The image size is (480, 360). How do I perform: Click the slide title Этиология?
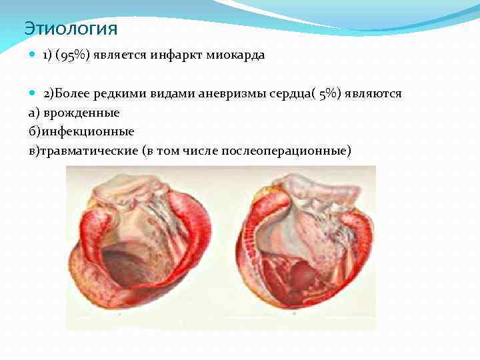[71, 29]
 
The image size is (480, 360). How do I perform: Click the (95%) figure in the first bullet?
[74, 55]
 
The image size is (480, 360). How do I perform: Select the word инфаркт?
[174, 55]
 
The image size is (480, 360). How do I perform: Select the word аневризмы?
[230, 93]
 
